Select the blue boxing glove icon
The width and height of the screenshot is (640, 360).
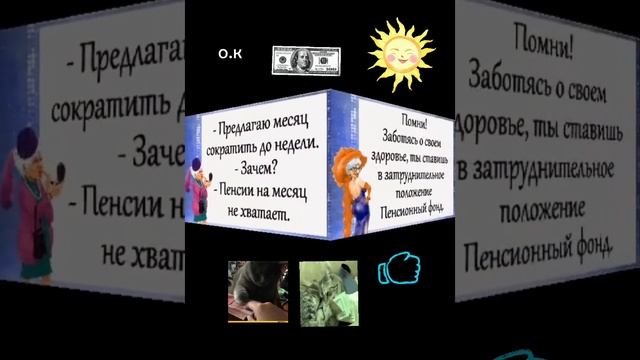(398, 270)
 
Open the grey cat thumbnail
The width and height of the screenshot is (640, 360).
(257, 291)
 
